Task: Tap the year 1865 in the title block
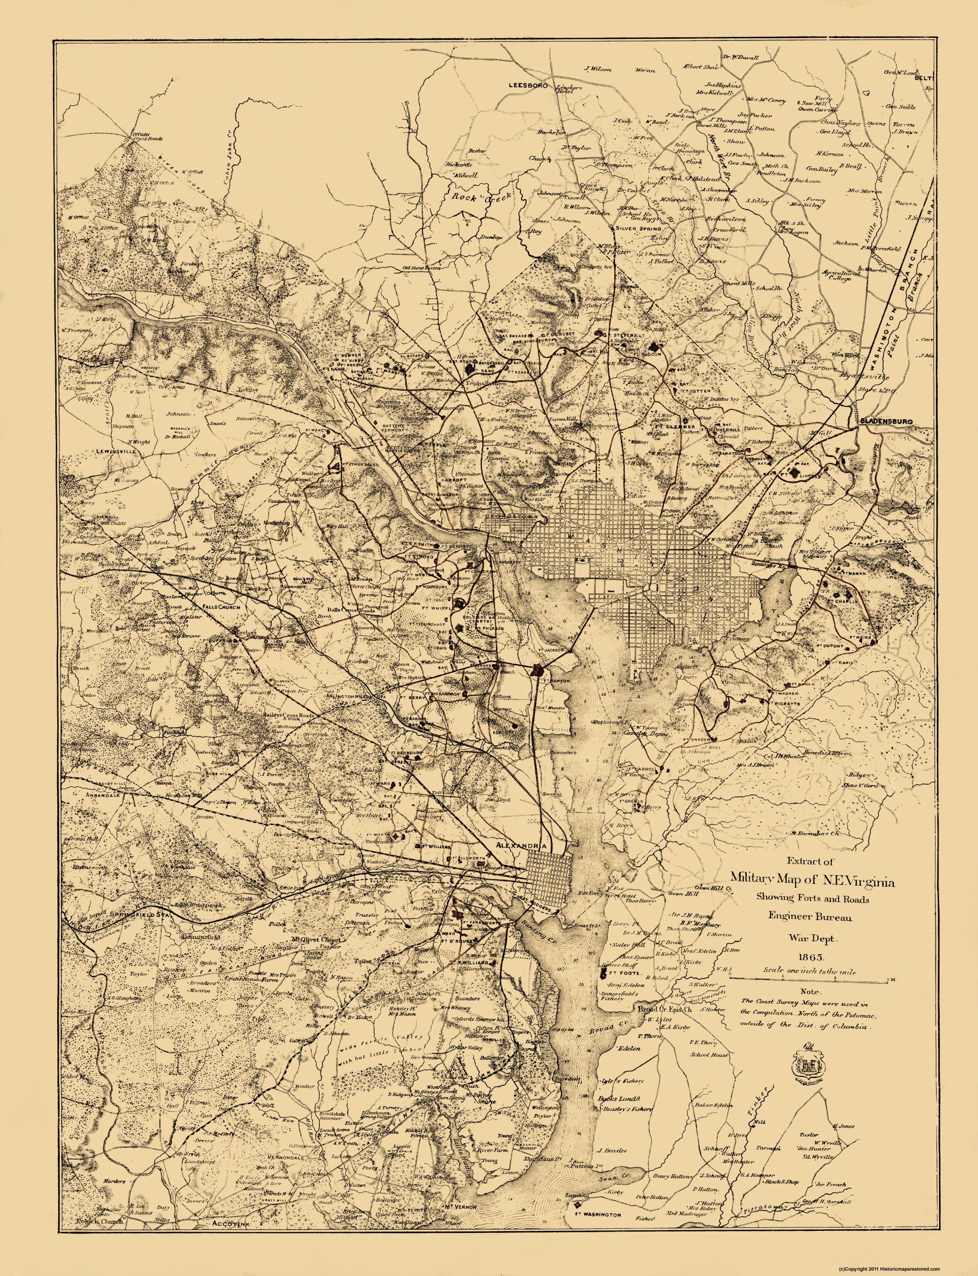809,957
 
